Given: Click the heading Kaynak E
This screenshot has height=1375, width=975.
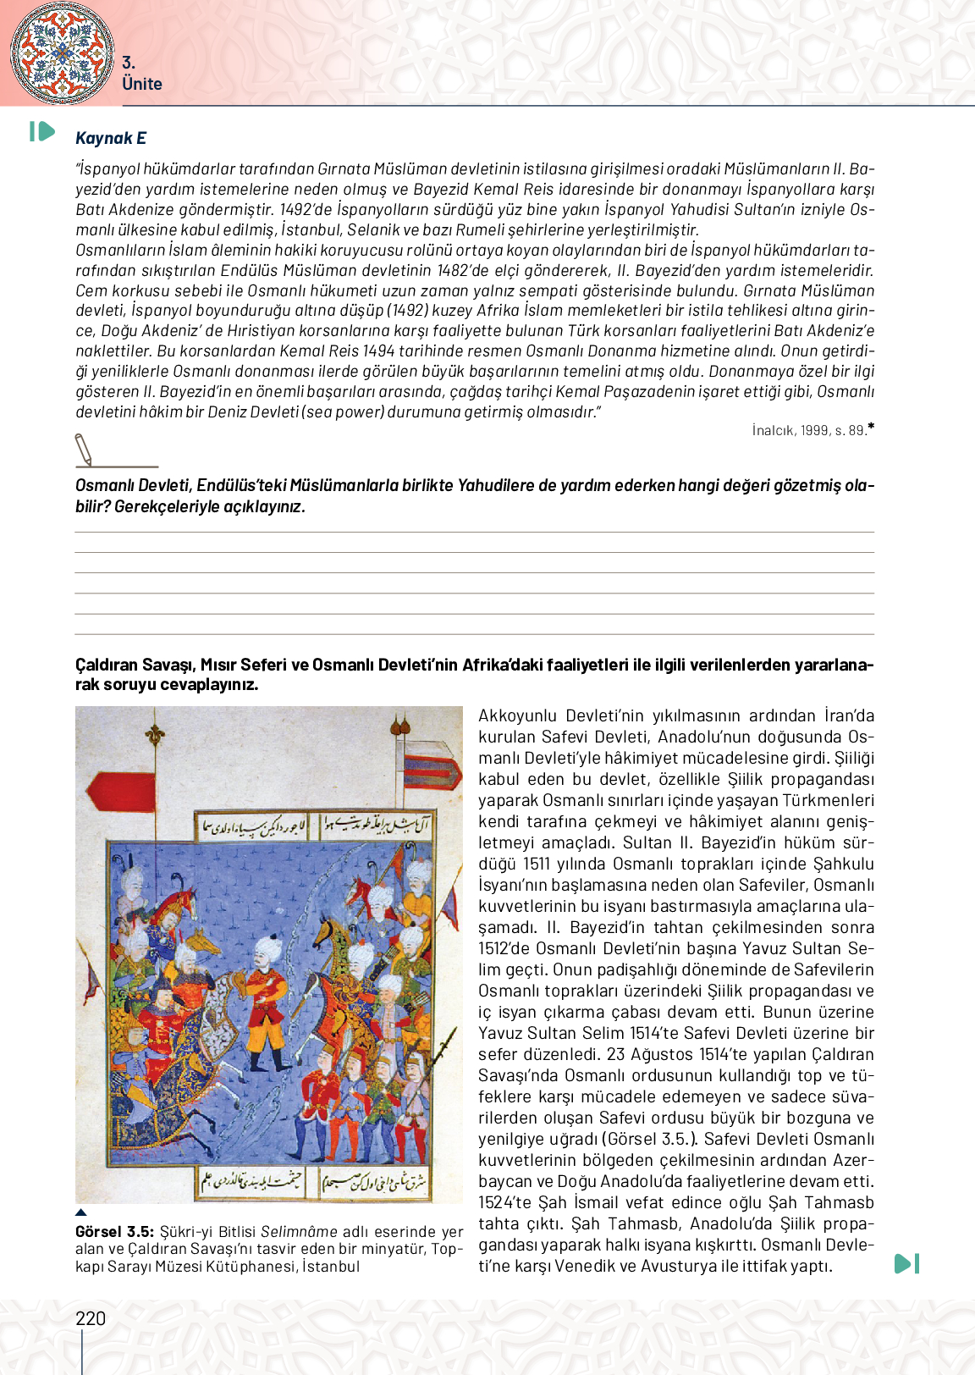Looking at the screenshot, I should pyautogui.click(x=111, y=138).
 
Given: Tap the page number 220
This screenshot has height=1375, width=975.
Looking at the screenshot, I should pyautogui.click(x=91, y=1318).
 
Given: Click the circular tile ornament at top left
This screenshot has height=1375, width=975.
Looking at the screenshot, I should pyautogui.click(x=62, y=52).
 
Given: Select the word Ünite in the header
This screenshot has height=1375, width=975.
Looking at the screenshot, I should pyautogui.click(x=141, y=84).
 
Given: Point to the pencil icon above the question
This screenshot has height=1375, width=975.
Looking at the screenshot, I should pyautogui.click(x=84, y=449).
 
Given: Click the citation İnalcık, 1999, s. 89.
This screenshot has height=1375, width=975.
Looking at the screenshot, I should pyautogui.click(x=810, y=430).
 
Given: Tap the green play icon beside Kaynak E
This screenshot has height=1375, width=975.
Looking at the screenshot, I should pyautogui.click(x=42, y=131).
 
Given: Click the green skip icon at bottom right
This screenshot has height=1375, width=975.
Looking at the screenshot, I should pyautogui.click(x=906, y=1263).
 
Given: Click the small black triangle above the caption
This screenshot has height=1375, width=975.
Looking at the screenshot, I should pyautogui.click(x=81, y=1212).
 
